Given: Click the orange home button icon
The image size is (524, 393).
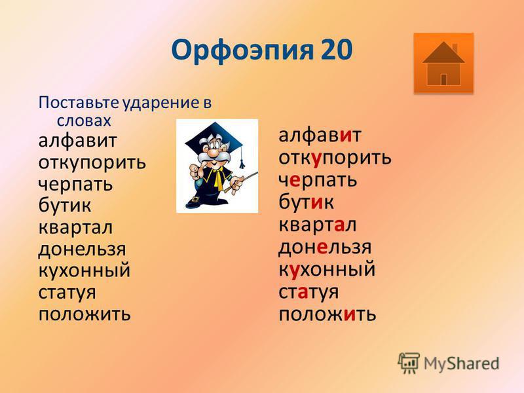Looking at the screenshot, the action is pos(443,63).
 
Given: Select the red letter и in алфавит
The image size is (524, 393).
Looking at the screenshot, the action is pos(346,135).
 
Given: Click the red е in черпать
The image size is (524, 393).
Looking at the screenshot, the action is pos(294,180).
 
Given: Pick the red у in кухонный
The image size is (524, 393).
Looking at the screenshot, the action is pos(294,271).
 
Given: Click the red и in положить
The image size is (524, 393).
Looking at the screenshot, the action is pos(349,314).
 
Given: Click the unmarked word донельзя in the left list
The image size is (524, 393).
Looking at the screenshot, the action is pos(83,250).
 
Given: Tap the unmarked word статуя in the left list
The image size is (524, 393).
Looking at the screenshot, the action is pos(67,293).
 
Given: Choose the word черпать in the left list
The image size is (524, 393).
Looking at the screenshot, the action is pos(75,185).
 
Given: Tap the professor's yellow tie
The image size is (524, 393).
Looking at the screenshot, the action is pos(219,178).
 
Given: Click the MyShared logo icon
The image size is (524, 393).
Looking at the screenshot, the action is pos(409,363).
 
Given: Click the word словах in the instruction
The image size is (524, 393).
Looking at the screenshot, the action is pos(84,121).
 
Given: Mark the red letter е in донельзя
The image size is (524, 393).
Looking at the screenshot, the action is pos(322,248).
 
